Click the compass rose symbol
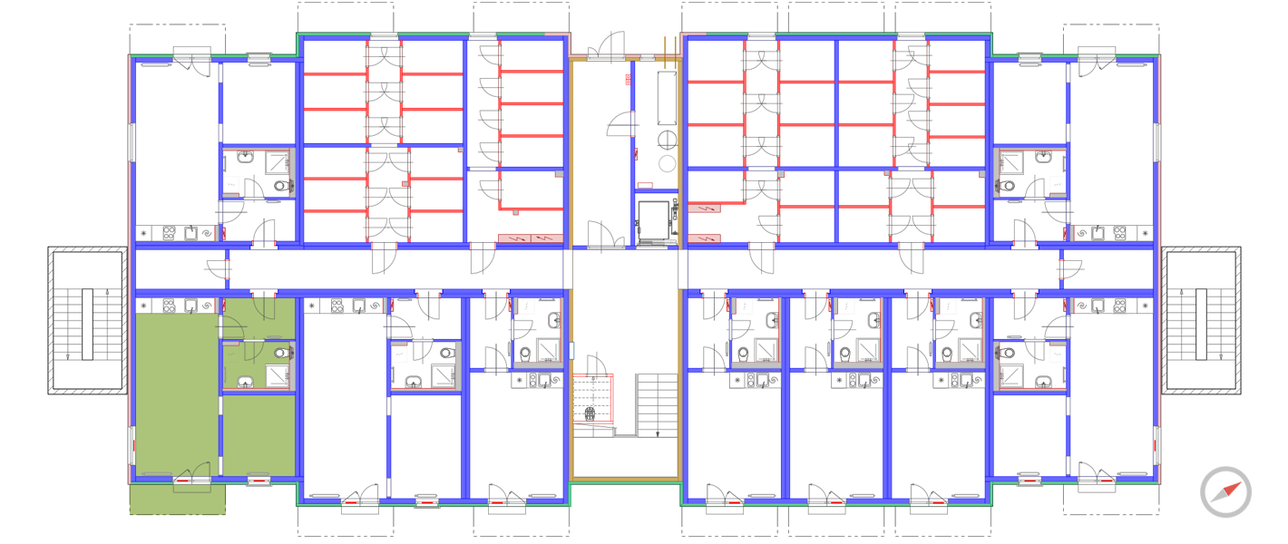point(1225,492)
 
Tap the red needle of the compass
point(1232,488)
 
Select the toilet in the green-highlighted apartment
point(281,353)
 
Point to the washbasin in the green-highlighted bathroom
point(243,381)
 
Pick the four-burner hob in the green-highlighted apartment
point(169,306)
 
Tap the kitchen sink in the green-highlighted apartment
point(192,306)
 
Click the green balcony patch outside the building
point(177,500)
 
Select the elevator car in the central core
point(654,221)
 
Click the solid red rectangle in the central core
point(628,80)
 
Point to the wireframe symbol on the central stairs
point(590,414)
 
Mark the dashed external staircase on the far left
point(87,320)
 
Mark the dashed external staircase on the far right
point(1201,320)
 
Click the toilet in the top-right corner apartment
point(1009,187)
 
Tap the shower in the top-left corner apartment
point(276,163)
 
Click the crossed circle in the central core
point(668,140)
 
